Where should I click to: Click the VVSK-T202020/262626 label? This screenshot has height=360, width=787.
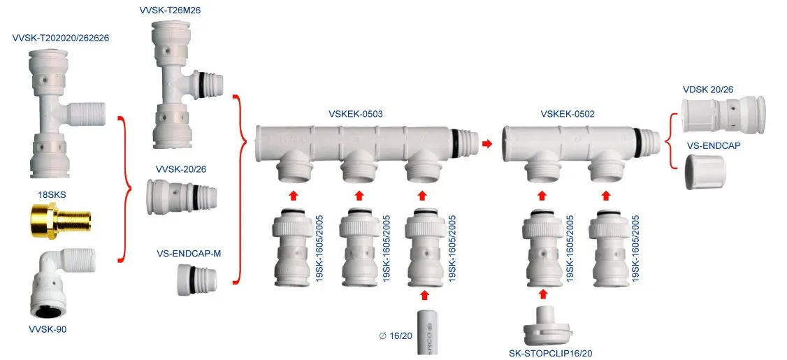click(61, 37)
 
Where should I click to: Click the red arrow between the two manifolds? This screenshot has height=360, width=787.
click(486, 143)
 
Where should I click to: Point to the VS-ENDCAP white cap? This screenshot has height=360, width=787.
click(707, 172)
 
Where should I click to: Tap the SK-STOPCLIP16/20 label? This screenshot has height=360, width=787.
click(555, 353)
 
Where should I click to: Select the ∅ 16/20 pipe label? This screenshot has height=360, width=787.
click(396, 336)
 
